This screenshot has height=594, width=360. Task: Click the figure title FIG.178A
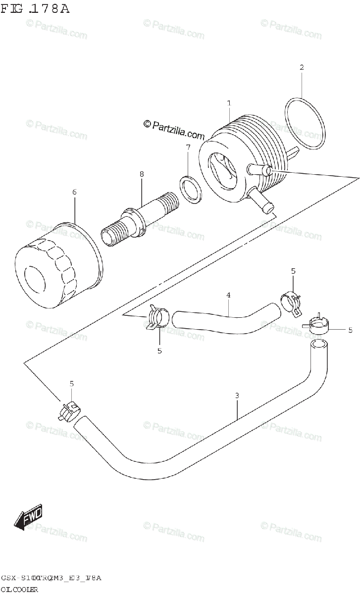tap(34, 9)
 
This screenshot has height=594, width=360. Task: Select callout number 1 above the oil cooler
tap(229, 103)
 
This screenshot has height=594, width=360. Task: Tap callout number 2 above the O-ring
tap(301, 67)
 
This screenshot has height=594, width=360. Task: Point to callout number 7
tap(188, 147)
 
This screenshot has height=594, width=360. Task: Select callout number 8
tap(142, 174)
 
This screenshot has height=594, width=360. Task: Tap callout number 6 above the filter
tap(74, 192)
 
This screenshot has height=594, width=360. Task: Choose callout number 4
tap(228, 295)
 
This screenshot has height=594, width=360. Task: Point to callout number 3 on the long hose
tap(237, 396)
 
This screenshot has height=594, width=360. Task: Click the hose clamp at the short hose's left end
tap(158, 317)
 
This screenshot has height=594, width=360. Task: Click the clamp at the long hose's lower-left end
tap(69, 411)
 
